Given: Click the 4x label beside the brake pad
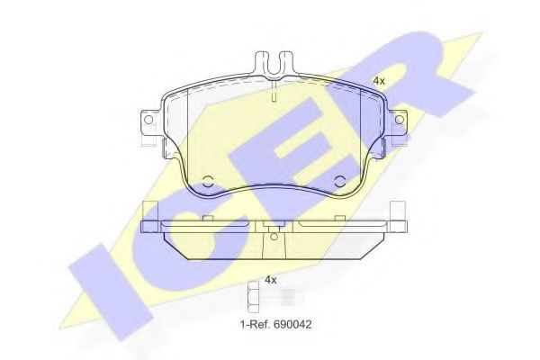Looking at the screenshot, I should (x=379, y=81).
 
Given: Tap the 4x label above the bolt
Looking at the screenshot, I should (x=270, y=280).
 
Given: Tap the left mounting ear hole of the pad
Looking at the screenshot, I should (x=143, y=121).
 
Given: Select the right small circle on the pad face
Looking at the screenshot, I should (x=340, y=181).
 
